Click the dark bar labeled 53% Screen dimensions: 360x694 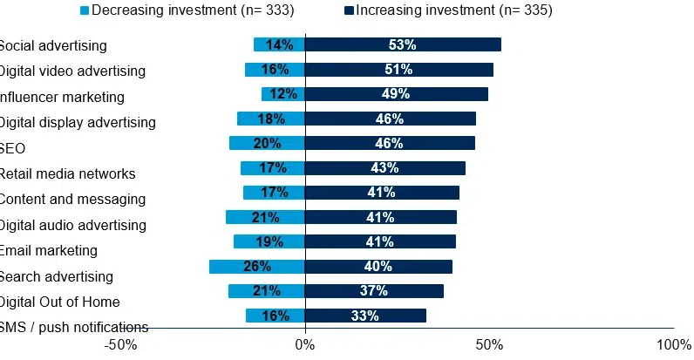(403, 44)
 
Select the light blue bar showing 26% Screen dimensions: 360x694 (257, 267)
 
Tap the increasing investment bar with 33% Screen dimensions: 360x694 (365, 316)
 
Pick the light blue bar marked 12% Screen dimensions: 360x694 (283, 94)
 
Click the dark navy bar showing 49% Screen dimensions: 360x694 (396, 94)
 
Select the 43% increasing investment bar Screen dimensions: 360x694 (384, 168)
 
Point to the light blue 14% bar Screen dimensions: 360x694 (279, 44)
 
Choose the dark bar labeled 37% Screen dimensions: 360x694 (374, 291)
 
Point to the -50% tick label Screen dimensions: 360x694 (120, 345)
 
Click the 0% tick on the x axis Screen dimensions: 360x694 (305, 345)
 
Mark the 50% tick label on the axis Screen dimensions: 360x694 (489, 345)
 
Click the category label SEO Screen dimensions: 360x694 (13, 148)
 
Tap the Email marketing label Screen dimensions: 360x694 (48, 251)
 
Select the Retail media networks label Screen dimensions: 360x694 (67, 173)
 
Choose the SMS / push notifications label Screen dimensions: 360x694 (73, 328)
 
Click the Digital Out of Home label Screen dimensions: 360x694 (59, 302)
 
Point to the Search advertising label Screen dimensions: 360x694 (57, 277)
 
